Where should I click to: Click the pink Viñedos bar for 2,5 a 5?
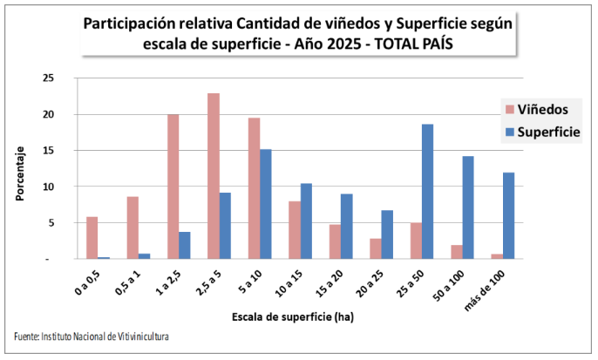pyautogui.click(x=214, y=176)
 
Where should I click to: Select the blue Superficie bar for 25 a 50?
pyautogui.click(x=427, y=192)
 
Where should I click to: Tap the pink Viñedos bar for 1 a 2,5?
pyautogui.click(x=173, y=187)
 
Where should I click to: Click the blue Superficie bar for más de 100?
pyautogui.click(x=508, y=215)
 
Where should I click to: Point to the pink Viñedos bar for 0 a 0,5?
pyautogui.click(x=92, y=238)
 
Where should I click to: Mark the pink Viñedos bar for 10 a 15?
pyautogui.click(x=295, y=230)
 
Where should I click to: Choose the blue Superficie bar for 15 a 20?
pyautogui.click(x=346, y=227)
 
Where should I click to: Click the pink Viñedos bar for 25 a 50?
pyautogui.click(x=417, y=241)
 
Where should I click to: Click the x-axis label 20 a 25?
pyautogui.click(x=376, y=282)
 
